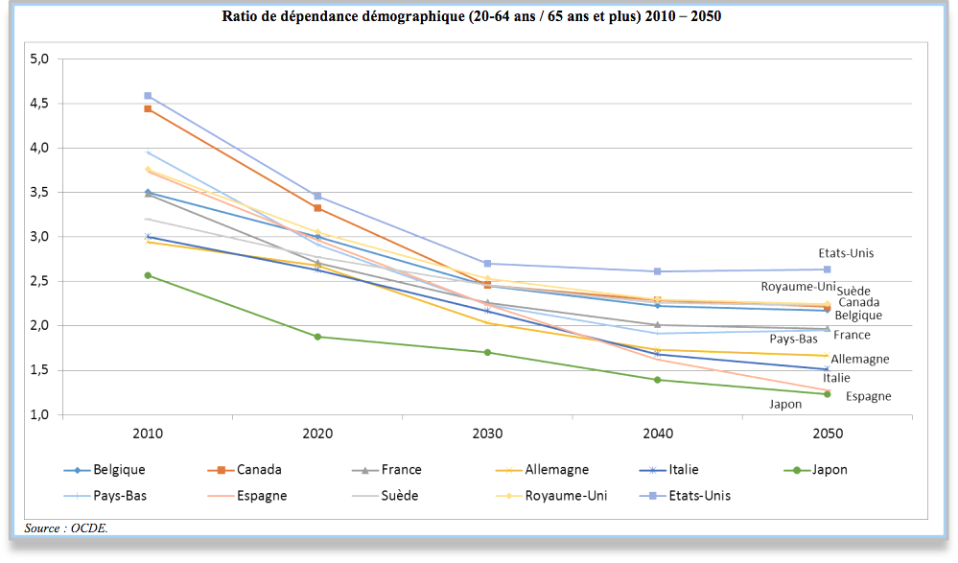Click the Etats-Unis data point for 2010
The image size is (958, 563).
(148, 96)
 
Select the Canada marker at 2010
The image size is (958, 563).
(148, 109)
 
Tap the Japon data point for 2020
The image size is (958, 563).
(317, 337)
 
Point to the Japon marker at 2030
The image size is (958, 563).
(487, 352)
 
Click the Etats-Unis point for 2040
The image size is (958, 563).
(658, 271)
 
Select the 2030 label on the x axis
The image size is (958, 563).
(487, 434)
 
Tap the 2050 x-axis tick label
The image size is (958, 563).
(828, 434)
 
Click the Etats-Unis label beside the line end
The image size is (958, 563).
(846, 253)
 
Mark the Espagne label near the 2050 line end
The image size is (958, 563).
(868, 396)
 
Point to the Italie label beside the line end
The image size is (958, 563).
(836, 378)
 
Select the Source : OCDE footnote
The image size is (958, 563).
(66, 528)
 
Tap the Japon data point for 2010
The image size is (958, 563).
(148, 275)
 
